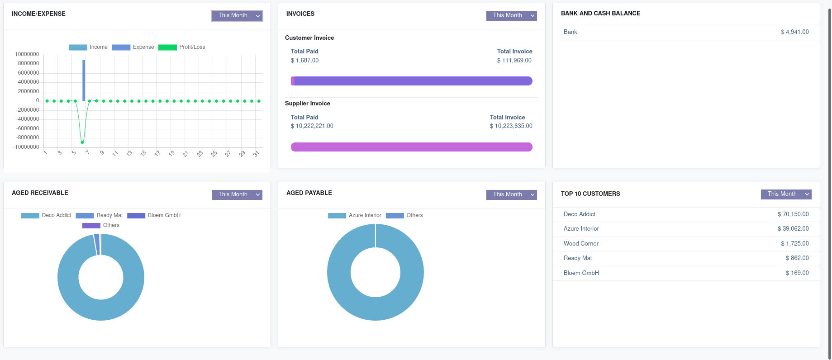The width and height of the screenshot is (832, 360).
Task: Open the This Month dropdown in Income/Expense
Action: (x=237, y=15)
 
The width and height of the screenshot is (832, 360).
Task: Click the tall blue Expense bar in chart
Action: (x=84, y=80)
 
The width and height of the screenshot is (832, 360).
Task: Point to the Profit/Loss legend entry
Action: (x=182, y=47)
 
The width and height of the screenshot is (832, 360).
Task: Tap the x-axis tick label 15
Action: (x=143, y=154)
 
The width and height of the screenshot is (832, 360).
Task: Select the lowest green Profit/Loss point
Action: (x=82, y=142)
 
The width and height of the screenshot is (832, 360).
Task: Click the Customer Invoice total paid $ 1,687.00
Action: (x=304, y=61)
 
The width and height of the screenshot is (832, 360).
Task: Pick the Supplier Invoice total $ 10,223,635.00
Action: (x=511, y=126)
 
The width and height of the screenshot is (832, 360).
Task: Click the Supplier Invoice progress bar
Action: (x=411, y=147)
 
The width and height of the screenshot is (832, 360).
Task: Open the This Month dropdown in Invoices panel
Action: (x=511, y=15)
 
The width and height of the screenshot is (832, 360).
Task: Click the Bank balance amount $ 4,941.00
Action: (x=794, y=32)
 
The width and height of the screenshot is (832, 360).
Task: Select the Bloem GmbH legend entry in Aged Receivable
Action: (x=154, y=215)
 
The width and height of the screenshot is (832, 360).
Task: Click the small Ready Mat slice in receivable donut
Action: (x=96, y=245)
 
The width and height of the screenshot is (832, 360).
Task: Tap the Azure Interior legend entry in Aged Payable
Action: (x=355, y=215)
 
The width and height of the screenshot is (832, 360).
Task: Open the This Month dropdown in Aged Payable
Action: (x=511, y=194)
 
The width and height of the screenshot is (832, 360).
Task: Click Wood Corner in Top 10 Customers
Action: (x=581, y=244)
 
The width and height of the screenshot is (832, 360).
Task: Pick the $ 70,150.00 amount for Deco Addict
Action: (x=793, y=214)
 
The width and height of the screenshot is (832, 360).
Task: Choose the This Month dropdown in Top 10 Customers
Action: (x=786, y=194)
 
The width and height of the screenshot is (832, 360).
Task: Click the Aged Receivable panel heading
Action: (x=40, y=193)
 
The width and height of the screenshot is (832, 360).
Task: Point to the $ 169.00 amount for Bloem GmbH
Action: (x=797, y=273)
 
